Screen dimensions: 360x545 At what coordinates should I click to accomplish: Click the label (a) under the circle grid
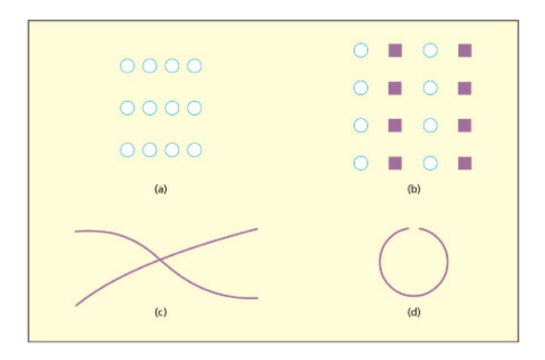coord(160,190)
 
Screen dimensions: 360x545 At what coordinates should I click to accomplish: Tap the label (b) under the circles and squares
coord(414,190)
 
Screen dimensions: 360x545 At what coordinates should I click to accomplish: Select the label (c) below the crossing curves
coord(160,312)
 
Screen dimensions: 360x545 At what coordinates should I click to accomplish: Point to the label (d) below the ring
coord(414,312)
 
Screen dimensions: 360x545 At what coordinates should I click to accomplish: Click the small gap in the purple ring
coord(414,228)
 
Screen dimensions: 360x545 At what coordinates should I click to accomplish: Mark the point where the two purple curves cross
coord(160,260)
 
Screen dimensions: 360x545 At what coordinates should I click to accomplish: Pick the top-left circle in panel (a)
coord(127,66)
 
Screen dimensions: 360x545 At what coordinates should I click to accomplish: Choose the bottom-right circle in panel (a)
coord(194,150)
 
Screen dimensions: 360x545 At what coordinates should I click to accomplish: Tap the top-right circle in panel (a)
coord(194,66)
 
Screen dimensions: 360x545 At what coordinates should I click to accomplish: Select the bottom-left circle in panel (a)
coord(127,150)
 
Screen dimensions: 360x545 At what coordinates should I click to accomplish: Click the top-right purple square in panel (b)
coord(464,51)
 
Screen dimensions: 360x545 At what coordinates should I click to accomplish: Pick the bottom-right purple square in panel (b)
coord(464,163)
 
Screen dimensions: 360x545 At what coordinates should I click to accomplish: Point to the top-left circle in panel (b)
coord(361,51)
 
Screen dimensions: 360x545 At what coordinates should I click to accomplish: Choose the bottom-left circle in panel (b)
coord(361,163)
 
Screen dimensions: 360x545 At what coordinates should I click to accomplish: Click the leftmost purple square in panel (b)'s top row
coord(395,51)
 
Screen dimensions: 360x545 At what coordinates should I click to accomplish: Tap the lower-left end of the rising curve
coord(76,305)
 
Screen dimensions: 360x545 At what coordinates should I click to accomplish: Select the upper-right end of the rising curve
coord(257,229)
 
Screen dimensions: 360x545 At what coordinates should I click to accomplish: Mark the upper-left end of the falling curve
coord(75,231)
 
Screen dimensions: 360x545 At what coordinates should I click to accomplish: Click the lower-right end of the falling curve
coord(257,297)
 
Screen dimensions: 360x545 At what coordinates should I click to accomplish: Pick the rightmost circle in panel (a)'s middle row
coord(194,108)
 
